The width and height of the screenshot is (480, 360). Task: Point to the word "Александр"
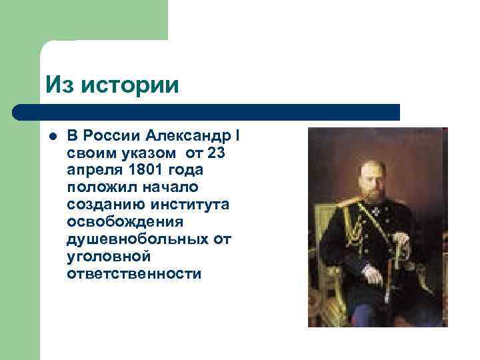tap(188, 136)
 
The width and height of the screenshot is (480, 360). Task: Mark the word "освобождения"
tap(123, 222)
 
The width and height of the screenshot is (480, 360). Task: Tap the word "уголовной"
tap(108, 256)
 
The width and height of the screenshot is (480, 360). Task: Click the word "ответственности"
tap(133, 273)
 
